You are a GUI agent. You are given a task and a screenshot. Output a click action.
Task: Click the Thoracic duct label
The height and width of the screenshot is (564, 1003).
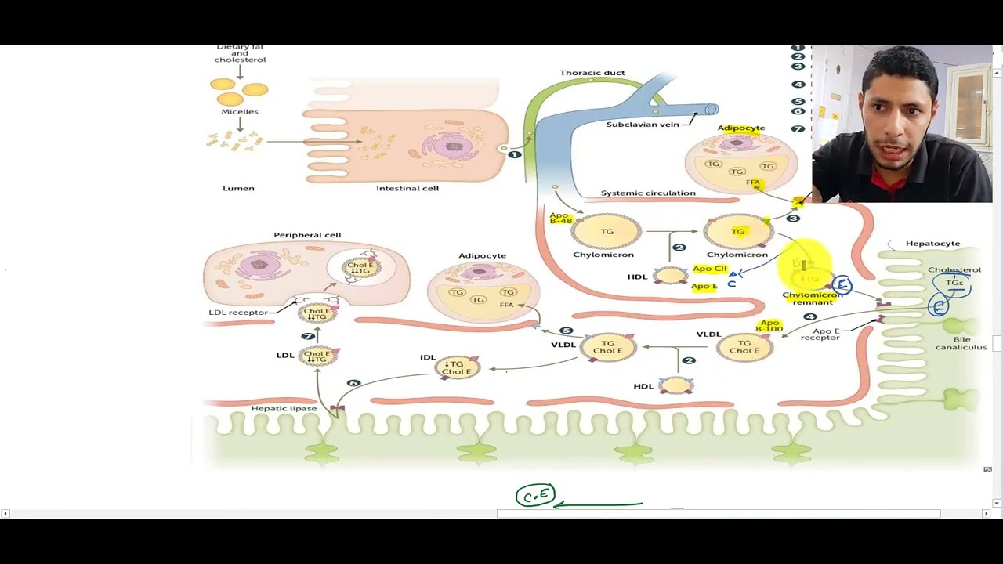pyautogui.click(x=592, y=73)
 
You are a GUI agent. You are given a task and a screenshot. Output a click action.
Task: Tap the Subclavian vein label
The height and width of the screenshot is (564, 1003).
pyautogui.click(x=642, y=125)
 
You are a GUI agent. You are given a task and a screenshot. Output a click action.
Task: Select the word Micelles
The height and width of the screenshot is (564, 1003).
pyautogui.click(x=239, y=112)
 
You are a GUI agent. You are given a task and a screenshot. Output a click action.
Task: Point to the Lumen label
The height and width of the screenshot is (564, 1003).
pyautogui.click(x=238, y=189)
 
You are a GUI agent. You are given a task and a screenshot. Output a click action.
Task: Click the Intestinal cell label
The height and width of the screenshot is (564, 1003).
pyautogui.click(x=407, y=189)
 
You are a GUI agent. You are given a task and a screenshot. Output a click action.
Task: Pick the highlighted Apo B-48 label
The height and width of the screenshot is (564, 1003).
pyautogui.click(x=560, y=218)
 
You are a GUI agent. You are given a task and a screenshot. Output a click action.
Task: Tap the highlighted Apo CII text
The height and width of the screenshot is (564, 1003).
pyautogui.click(x=709, y=269)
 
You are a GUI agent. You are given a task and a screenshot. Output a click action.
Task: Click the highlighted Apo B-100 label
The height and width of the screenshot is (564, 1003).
pyautogui.click(x=769, y=326)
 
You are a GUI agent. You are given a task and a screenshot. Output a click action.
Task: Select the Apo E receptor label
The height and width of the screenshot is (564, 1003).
pyautogui.click(x=820, y=334)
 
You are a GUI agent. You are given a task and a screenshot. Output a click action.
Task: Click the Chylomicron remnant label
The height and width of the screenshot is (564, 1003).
pyautogui.click(x=812, y=298)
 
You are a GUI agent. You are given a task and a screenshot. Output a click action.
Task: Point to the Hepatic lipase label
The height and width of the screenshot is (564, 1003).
pyautogui.click(x=284, y=409)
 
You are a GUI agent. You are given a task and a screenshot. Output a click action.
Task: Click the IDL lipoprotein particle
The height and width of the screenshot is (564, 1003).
pyautogui.click(x=457, y=367)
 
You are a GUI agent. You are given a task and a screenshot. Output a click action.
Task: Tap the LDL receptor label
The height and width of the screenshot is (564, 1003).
pyautogui.click(x=238, y=313)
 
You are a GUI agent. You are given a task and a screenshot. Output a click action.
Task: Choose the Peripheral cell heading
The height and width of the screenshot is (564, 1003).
pyautogui.click(x=307, y=235)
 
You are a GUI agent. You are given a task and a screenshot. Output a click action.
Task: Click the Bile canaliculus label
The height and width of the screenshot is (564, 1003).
pyautogui.click(x=961, y=344)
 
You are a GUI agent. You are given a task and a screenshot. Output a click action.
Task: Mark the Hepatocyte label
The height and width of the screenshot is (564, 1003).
pyautogui.click(x=932, y=244)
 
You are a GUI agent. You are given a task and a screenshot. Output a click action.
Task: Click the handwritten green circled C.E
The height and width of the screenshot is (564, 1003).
pyautogui.click(x=535, y=496)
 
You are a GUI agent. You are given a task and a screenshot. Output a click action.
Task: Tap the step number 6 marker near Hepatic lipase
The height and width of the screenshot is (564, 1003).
pyautogui.click(x=353, y=383)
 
